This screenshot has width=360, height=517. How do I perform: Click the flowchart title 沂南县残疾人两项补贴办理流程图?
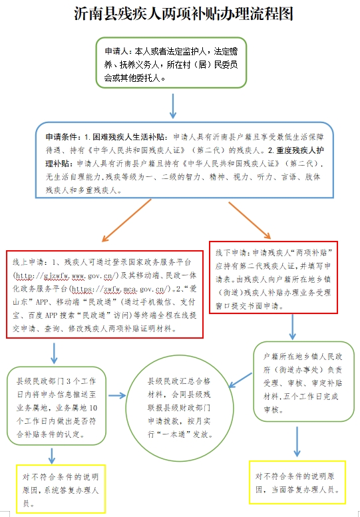[x=183, y=14]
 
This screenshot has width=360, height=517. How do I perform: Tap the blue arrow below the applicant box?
[x=172, y=106]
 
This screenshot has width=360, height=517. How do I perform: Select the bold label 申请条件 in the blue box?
[x=58, y=137]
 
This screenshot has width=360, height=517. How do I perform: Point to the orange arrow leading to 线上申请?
[x=126, y=220]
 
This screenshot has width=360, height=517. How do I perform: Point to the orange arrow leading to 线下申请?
[x=250, y=220]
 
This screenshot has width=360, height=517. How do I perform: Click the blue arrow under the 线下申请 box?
[x=292, y=327]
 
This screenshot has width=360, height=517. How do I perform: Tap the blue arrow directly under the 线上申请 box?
[x=54, y=353]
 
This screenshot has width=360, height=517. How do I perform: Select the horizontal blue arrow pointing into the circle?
[x=117, y=395]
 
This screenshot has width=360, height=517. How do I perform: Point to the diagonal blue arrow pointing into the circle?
[x=240, y=380]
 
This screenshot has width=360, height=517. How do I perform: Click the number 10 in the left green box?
[x=93, y=408]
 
